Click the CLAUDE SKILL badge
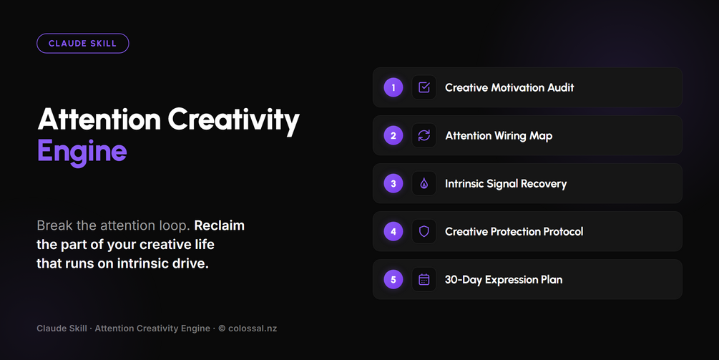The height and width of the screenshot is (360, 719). (x=82, y=44)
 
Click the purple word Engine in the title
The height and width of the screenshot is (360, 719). (x=82, y=152)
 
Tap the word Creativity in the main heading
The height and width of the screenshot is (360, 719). (x=233, y=120)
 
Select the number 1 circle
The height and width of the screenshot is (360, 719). (x=393, y=87)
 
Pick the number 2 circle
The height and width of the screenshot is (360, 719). (x=393, y=135)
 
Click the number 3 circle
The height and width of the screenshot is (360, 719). (x=393, y=183)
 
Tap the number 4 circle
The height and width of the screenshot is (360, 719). (x=393, y=232)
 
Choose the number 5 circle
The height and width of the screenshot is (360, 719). (x=393, y=279)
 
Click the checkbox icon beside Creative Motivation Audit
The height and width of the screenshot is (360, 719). (x=424, y=87)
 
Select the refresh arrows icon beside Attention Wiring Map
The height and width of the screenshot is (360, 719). (x=424, y=135)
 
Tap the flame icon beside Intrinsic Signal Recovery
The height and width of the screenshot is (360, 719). (x=424, y=183)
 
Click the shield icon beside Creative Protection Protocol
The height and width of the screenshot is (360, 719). (x=424, y=232)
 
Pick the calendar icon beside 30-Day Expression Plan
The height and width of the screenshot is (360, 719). (x=424, y=279)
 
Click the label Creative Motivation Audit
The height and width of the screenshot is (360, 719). (x=509, y=87)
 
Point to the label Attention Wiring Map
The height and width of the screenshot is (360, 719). (x=499, y=136)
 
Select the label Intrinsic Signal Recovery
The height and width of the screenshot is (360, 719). (x=506, y=184)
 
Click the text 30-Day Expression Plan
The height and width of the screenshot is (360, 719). (x=504, y=280)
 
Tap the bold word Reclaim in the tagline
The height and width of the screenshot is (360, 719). (x=219, y=225)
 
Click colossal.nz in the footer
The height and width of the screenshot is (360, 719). (x=253, y=329)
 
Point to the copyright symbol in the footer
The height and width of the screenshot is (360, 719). (x=222, y=329)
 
